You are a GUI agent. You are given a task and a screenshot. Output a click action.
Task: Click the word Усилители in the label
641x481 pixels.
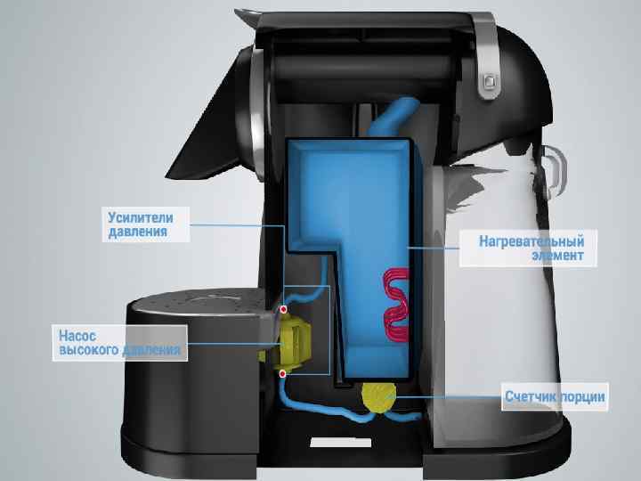[x=140, y=216]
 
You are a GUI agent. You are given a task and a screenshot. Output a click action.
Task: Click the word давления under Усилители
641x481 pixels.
[x=137, y=232]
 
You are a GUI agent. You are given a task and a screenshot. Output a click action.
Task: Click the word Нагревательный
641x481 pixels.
[x=531, y=241]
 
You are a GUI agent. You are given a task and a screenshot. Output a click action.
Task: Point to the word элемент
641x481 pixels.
[x=558, y=257]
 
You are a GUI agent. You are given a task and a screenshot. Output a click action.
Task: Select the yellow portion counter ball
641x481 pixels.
[x=381, y=397]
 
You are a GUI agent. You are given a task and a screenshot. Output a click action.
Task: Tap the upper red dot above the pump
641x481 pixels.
[x=283, y=310]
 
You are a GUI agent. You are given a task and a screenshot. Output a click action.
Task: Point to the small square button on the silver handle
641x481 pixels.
[x=488, y=84]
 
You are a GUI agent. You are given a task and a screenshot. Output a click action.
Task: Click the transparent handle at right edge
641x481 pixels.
[x=558, y=174]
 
